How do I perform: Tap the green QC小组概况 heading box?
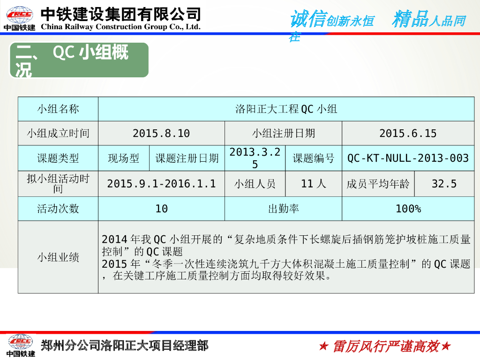pyautogui.click(x=79, y=60)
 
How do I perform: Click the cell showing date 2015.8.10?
pyautogui.click(x=161, y=134)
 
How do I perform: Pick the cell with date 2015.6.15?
pyautogui.click(x=408, y=134)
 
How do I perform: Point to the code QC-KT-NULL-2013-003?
pyautogui.click(x=408, y=158)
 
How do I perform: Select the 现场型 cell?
pyautogui.click(x=124, y=158)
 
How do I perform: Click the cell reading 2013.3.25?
pyautogui.click(x=255, y=158)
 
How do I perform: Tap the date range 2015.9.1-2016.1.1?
pyautogui.click(x=161, y=184)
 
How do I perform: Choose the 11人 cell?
pyautogui.click(x=314, y=184)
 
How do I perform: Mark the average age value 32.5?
pyautogui.click(x=444, y=184)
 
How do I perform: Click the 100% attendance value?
pyautogui.click(x=408, y=209)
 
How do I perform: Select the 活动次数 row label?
pyautogui.click(x=58, y=209)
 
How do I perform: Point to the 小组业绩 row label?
pyautogui.click(x=58, y=257)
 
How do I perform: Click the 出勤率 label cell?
pyautogui.click(x=283, y=209)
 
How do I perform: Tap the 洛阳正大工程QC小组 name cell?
pyautogui.click(x=286, y=109)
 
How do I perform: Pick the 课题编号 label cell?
pyautogui.click(x=314, y=158)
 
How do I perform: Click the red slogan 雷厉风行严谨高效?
pyautogui.click(x=385, y=346)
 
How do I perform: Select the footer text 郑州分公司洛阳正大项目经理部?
pyautogui.click(x=125, y=345)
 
